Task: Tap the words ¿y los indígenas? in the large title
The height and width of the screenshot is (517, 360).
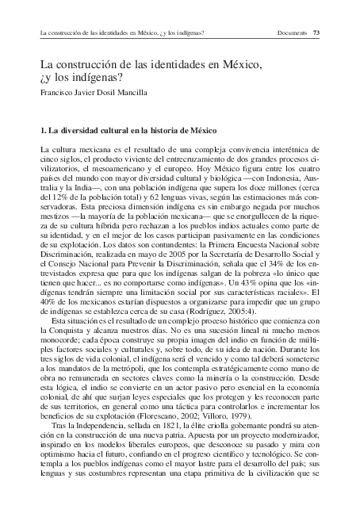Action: tap(82, 77)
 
